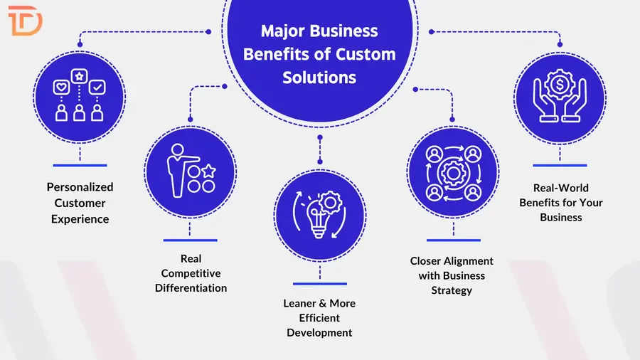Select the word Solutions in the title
click(x=319, y=77)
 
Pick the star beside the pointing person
click(x=208, y=171)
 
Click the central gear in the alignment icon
click(x=452, y=172)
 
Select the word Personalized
click(x=80, y=187)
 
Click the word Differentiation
click(x=191, y=288)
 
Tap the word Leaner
click(x=299, y=303)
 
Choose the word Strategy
click(x=452, y=290)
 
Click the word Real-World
click(x=561, y=188)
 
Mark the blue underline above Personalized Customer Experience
click(x=80, y=165)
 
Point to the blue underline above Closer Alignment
click(x=452, y=240)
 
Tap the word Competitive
click(x=191, y=273)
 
